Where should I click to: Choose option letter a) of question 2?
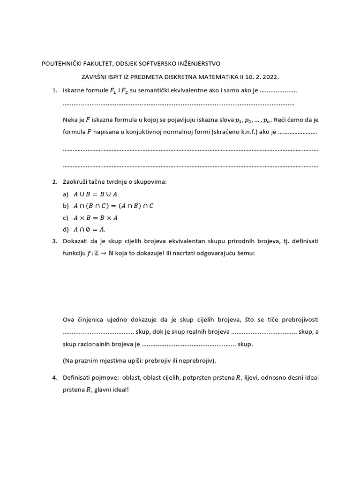pyautogui.click(x=66, y=194)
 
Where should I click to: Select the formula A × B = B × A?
pyautogui.click(x=96, y=217)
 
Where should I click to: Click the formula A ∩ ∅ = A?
pyautogui.click(x=90, y=229)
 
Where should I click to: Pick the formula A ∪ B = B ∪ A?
pyautogui.click(x=96, y=194)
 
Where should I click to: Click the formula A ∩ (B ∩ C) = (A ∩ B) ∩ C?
pyautogui.click(x=114, y=205)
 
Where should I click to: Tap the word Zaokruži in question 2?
pyautogui.click(x=75, y=181)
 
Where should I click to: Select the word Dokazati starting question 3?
pyautogui.click(x=76, y=241)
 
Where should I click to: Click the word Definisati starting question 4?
pyautogui.click(x=77, y=378)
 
